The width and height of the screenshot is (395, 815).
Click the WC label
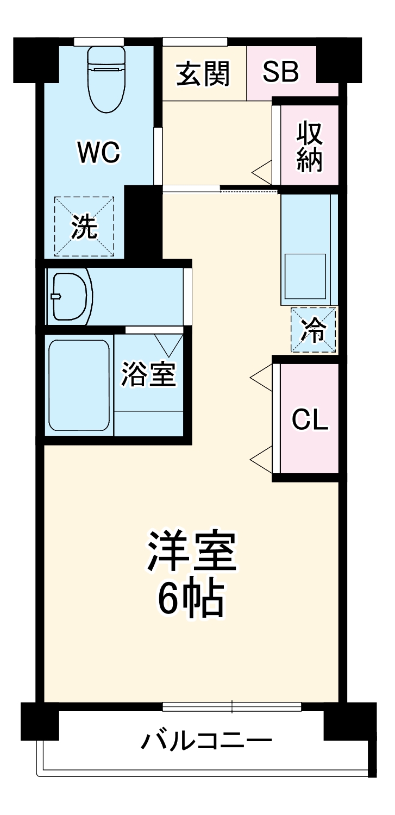(98, 153)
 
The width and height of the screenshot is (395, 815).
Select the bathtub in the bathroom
(79, 385)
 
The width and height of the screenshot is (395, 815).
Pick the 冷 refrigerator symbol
(314, 330)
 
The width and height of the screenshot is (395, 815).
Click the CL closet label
(310, 419)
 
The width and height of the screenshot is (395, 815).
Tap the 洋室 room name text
(191, 551)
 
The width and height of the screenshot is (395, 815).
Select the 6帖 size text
(191, 598)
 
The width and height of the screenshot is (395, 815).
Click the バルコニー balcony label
(206, 740)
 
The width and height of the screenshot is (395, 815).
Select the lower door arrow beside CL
(260, 459)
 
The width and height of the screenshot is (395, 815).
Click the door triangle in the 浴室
(168, 344)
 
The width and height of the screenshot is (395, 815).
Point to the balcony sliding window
(232, 707)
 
